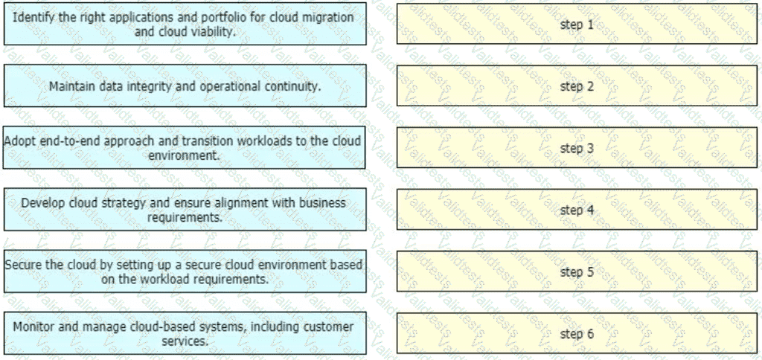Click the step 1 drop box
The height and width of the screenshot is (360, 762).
(577, 25)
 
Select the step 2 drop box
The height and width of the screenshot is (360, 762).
(577, 86)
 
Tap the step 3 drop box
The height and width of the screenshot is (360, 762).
(577, 148)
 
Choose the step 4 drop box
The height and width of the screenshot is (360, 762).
(577, 210)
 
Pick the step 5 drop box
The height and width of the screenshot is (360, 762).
(577, 271)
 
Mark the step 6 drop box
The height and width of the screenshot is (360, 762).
(577, 333)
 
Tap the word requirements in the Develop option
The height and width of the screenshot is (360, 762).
(185, 216)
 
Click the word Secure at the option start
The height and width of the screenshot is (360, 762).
(19, 266)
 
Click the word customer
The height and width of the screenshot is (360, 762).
(328, 327)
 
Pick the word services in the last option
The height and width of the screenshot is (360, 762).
(185, 341)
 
